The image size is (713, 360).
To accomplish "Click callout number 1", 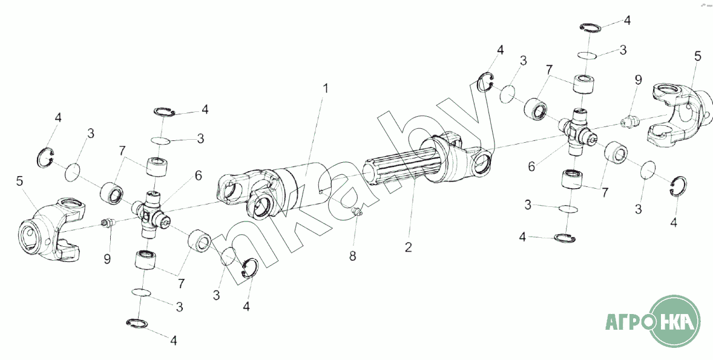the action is coord(325,89).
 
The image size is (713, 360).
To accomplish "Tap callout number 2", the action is coord(409,247).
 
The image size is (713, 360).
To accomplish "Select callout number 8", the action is coord(352,256).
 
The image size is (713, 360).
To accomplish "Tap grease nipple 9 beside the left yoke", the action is coord(108,224).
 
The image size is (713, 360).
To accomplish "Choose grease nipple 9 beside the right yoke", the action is coord(629,122).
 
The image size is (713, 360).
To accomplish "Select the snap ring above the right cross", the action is coord(589,26).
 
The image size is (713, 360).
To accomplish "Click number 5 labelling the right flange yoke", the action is coord(697,57).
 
